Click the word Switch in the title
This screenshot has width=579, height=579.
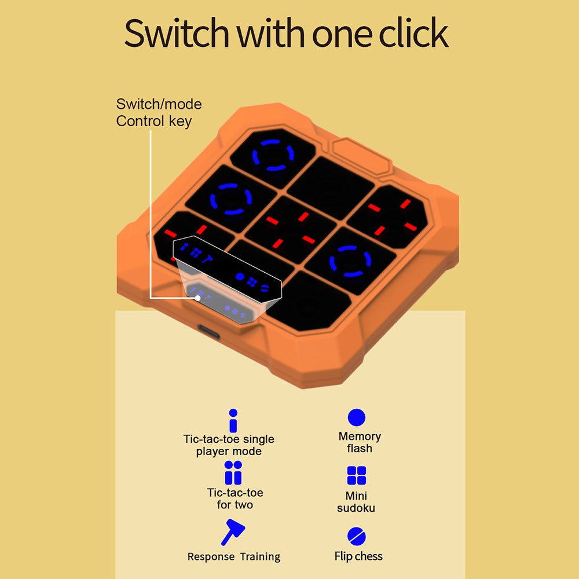(176, 33)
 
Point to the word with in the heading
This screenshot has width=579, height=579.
(271, 33)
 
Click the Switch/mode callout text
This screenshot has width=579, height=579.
(159, 104)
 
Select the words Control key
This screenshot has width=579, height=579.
(154, 121)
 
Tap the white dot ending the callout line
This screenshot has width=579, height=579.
(198, 298)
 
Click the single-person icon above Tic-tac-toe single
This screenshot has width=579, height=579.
(233, 420)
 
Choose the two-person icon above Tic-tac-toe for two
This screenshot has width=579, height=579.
(233, 472)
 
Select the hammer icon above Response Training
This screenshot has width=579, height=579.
(233, 532)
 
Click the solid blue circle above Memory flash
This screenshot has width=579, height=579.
(356, 417)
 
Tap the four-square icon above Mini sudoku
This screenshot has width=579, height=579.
(356, 475)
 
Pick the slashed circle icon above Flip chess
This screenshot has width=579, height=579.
(356, 536)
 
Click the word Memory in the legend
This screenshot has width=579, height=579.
(360, 437)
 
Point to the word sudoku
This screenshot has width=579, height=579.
(356, 508)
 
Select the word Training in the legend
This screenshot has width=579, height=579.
(260, 556)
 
